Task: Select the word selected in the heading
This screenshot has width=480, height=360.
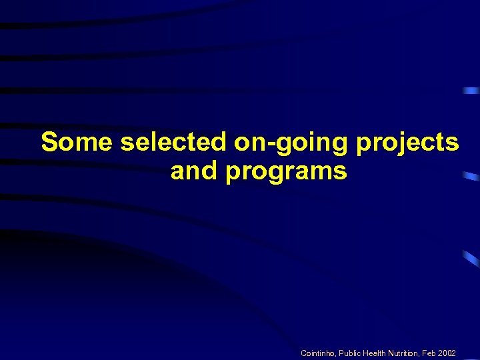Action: pos(175,143)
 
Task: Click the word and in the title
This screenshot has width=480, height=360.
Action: pos(195,171)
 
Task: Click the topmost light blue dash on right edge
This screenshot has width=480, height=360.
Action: pos(471,90)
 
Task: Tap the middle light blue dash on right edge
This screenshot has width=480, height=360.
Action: pos(471,176)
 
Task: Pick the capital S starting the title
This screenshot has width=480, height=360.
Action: pos(49,143)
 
